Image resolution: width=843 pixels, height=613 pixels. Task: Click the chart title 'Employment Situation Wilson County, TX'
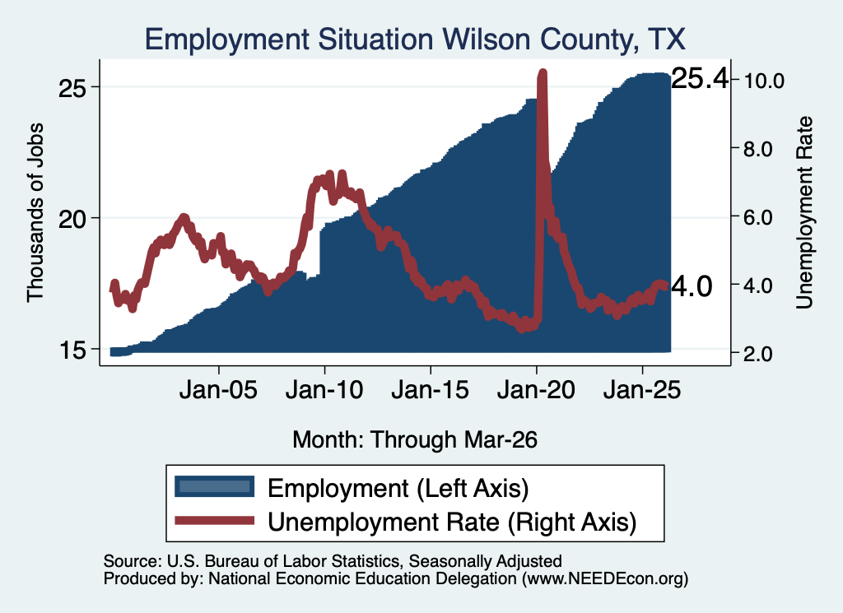[415, 39]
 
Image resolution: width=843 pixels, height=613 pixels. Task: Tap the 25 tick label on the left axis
[72, 88]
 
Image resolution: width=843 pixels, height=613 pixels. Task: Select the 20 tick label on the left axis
[72, 219]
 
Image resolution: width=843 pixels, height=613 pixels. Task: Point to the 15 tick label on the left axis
[72, 351]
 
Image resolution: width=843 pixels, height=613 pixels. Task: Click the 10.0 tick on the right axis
[764, 81]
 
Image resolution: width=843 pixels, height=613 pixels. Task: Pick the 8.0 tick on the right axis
[758, 149]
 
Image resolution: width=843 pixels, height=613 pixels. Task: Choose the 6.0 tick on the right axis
[758, 217]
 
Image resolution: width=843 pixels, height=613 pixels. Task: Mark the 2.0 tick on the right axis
[758, 354]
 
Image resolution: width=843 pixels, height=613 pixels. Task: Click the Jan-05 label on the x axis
[218, 389]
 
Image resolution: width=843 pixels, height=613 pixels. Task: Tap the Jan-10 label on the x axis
[324, 389]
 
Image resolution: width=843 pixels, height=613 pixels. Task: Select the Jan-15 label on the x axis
[430, 389]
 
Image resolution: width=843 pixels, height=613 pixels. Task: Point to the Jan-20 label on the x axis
[536, 389]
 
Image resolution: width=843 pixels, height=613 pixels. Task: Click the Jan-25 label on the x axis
[642, 389]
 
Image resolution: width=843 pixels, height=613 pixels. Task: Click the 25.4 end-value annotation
[700, 78]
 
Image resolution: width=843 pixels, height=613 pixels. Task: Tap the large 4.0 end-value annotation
[692, 286]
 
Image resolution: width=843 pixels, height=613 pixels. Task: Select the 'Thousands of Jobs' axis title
[35, 212]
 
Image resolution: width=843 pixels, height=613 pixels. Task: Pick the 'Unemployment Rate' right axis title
[804, 212]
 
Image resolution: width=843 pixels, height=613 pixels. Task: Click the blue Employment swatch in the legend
[215, 487]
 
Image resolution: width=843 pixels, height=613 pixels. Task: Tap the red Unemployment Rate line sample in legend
[215, 520]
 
